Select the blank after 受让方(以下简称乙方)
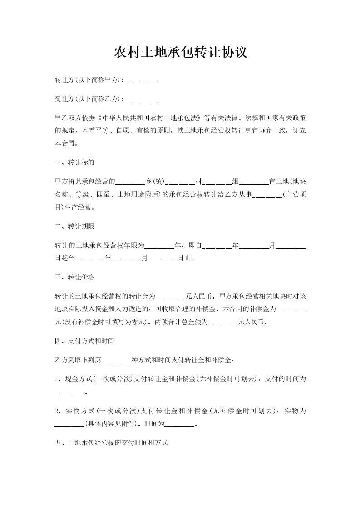143,99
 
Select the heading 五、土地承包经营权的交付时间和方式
111,443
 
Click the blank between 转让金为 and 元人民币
171,297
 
